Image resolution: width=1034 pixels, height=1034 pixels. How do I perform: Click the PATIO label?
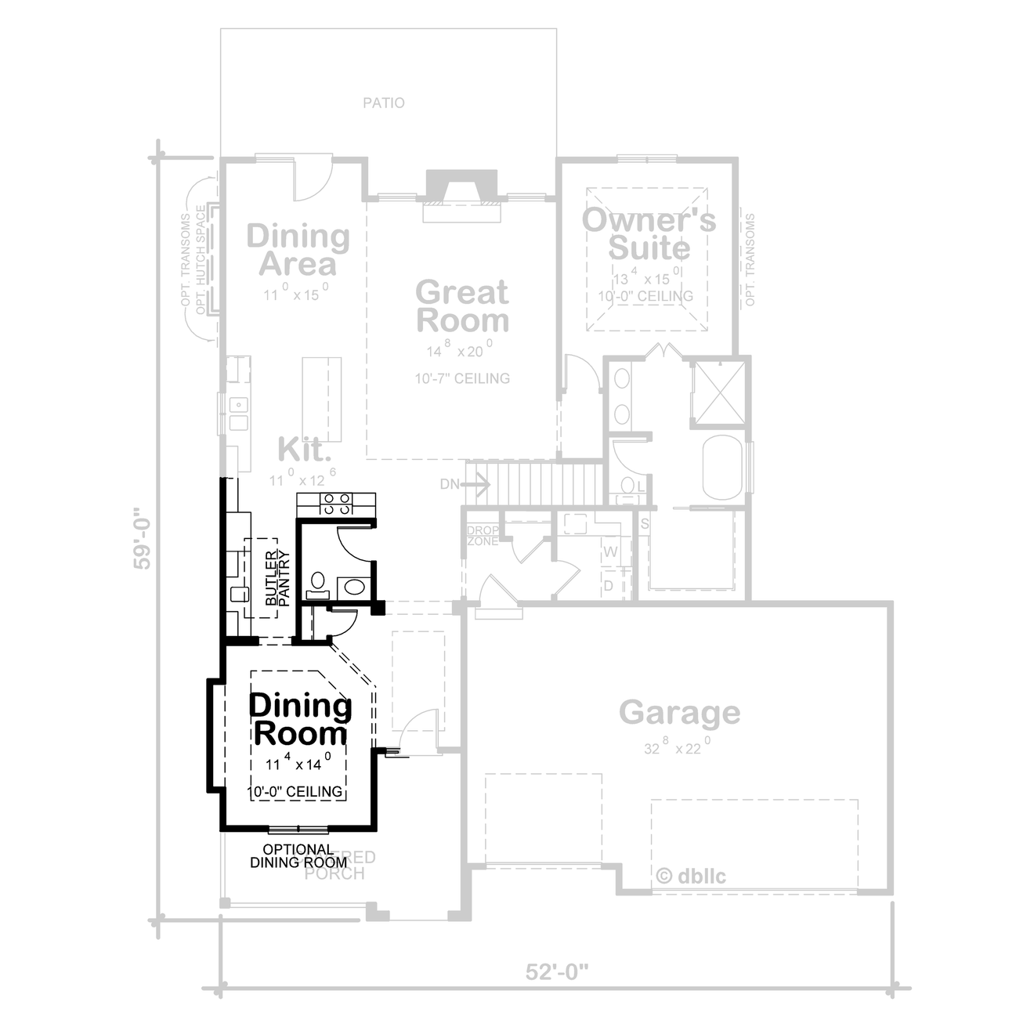click(x=384, y=103)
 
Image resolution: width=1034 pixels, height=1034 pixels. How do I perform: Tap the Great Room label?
click(x=462, y=306)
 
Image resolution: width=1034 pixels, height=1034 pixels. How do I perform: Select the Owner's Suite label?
click(x=649, y=233)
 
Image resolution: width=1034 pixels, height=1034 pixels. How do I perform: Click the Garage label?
click(x=679, y=713)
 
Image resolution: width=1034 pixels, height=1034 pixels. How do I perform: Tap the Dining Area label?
click(x=298, y=250)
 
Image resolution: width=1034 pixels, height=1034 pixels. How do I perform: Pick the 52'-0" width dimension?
click(x=556, y=972)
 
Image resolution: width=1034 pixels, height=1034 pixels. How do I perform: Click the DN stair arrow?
click(x=466, y=484)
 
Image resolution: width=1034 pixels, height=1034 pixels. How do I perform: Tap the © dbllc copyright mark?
click(x=690, y=876)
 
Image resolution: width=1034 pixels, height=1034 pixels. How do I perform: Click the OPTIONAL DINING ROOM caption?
click(x=298, y=855)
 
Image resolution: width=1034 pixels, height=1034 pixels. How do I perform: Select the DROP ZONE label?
click(x=483, y=536)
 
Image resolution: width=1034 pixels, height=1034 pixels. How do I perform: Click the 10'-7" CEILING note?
click(x=462, y=378)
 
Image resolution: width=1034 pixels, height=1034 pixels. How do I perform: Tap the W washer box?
click(x=611, y=552)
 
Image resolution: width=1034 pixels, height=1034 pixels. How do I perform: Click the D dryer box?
click(x=609, y=585)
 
